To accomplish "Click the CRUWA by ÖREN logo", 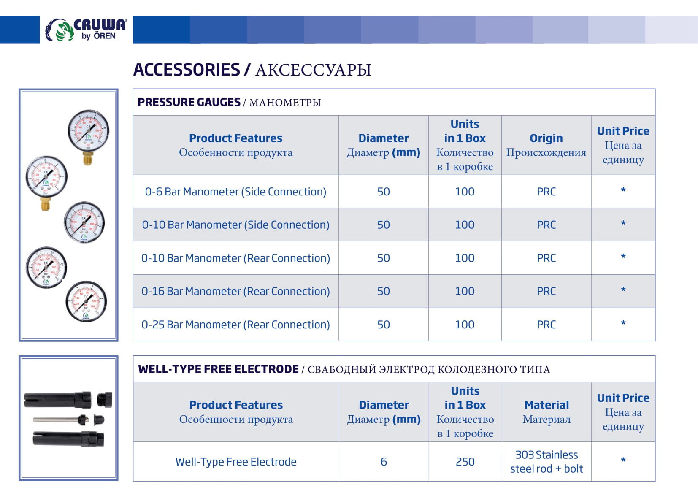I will click(86, 30).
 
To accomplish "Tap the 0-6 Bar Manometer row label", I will click(235, 192).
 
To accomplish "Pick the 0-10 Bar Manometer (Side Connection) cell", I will click(235, 225).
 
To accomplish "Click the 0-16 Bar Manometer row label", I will click(235, 291).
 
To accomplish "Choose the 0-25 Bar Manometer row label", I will click(235, 325).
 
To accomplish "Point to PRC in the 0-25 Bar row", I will click(546, 325).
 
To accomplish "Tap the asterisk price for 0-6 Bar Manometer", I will click(623, 191).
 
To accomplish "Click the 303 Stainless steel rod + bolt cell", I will click(546, 462).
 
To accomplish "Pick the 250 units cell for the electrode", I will click(465, 462).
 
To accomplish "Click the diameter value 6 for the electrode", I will click(384, 462).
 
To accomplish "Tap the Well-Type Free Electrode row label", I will click(236, 462).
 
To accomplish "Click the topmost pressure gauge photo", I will click(88, 131).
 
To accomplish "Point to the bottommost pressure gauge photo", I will click(86, 301).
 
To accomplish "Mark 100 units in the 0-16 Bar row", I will click(465, 291).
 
